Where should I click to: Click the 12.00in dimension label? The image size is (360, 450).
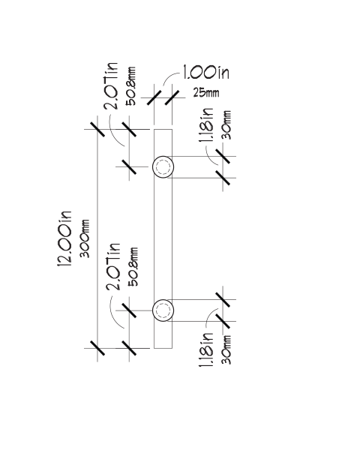pos(64,239)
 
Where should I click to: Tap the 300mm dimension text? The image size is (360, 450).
pos(85,238)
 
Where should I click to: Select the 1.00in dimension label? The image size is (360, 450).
pos(205,72)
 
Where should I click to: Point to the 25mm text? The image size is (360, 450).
pos(206,93)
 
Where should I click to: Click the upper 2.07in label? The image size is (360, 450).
pos(111,85)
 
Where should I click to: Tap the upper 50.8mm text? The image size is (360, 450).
pos(130,86)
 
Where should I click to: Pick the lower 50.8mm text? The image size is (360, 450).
pos(133,267)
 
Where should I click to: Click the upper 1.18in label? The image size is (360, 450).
pos(206,125)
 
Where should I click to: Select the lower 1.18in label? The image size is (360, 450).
pos(206,349)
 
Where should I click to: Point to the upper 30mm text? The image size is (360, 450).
pos(226,125)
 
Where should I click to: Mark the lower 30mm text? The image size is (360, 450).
pos(226,349)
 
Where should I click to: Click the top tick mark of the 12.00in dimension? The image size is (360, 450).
pos(97,129)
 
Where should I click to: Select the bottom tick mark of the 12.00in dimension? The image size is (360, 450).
pos(97,348)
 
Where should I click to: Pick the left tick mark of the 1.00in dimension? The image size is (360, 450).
pos(154,97)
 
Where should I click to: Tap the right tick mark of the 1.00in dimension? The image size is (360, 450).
pos(172,97)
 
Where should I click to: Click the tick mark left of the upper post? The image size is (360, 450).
pos(129,166)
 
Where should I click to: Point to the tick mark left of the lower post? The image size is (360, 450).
pos(129,310)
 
